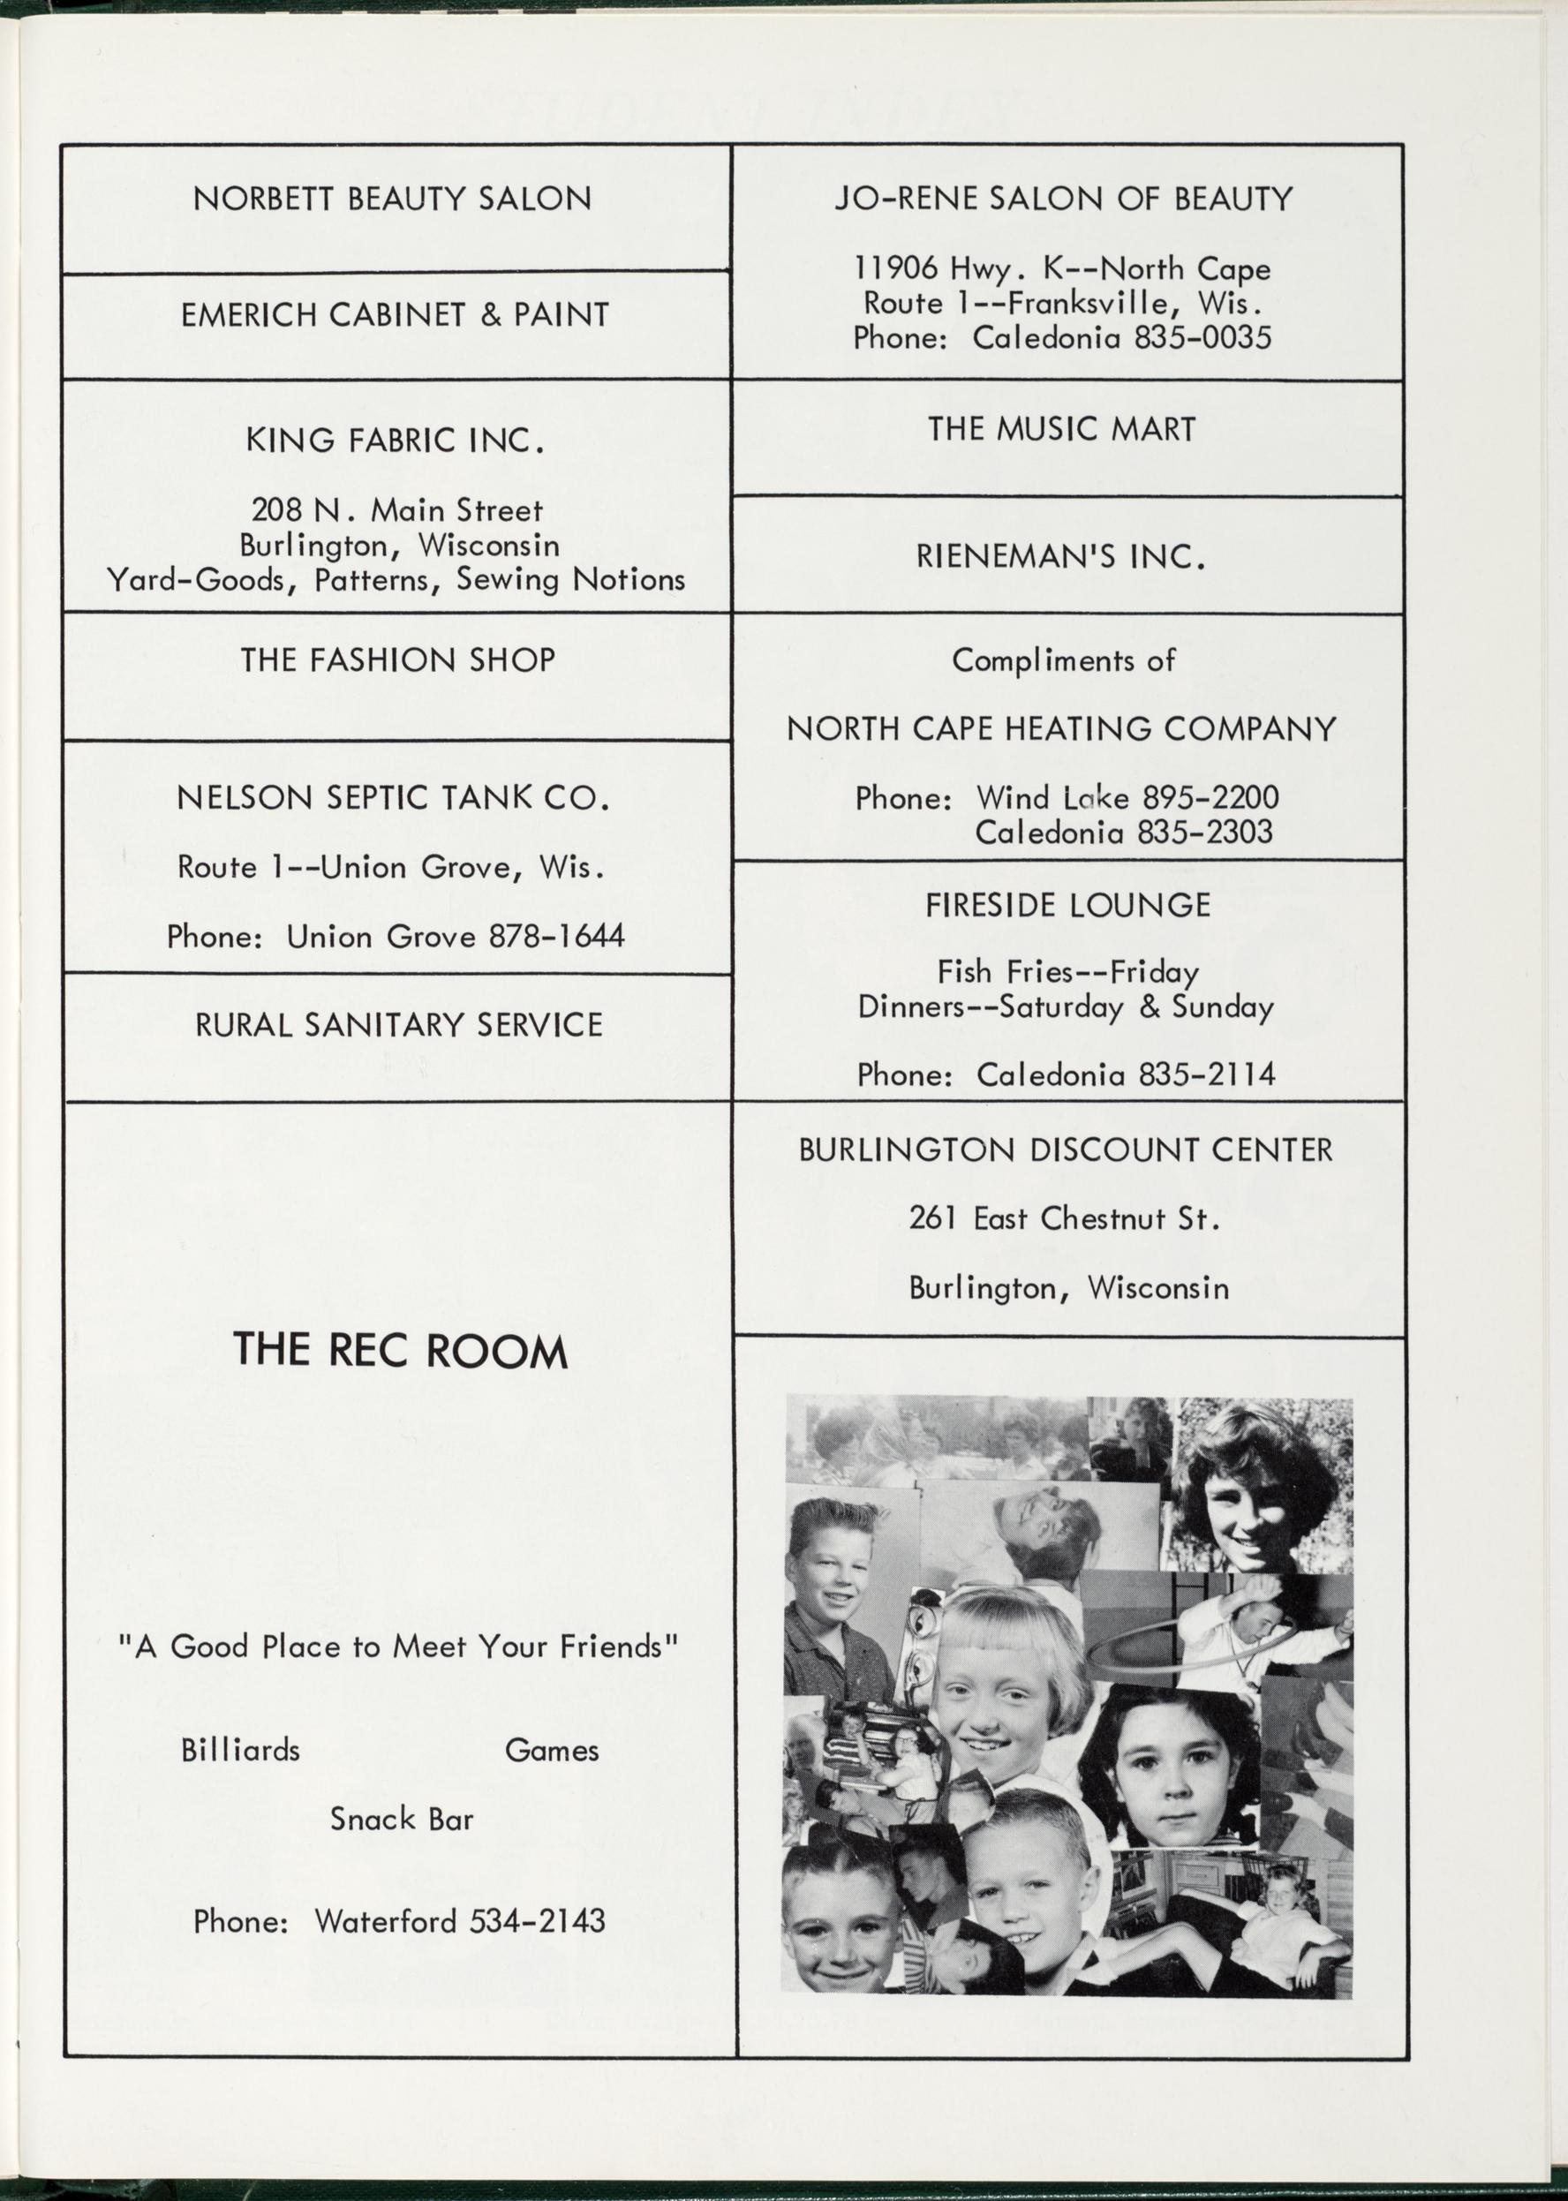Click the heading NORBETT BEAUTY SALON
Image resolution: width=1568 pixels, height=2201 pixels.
point(392,199)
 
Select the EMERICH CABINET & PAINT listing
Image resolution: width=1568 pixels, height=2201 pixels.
point(395,314)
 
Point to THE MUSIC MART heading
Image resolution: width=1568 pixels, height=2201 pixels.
point(1062,428)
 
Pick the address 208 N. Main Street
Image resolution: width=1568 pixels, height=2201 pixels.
point(396,509)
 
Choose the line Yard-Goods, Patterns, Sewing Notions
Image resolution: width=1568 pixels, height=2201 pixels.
point(396,579)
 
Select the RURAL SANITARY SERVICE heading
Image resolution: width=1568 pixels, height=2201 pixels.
point(399,1024)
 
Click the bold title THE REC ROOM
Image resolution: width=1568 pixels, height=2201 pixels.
point(401,1351)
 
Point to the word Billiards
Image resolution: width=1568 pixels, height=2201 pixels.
point(240,1750)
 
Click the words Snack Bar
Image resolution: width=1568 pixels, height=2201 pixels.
point(402,1819)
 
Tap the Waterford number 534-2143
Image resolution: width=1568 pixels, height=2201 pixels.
point(537,1921)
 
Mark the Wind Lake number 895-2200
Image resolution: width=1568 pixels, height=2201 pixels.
point(1210,797)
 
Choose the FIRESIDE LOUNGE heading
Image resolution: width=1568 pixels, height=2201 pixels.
point(1067,905)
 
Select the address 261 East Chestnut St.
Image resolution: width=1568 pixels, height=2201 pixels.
point(1065,1219)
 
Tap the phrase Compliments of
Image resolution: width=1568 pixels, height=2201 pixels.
point(1063,660)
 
